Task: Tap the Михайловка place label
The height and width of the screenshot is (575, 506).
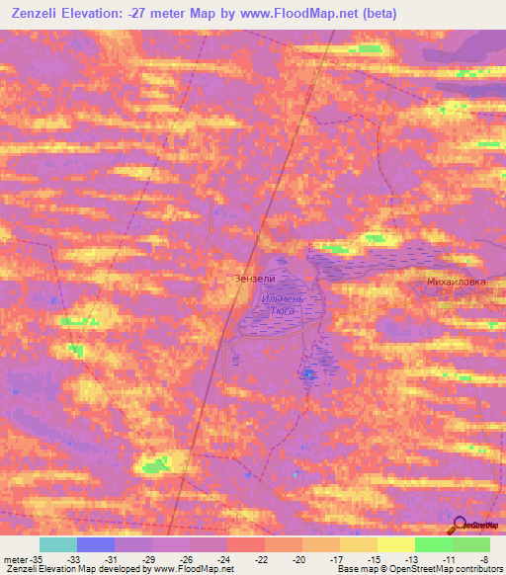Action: (456, 282)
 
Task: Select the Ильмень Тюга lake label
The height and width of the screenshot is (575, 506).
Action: (285, 302)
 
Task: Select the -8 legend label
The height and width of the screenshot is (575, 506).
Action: (483, 558)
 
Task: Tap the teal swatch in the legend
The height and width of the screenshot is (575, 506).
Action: (58, 544)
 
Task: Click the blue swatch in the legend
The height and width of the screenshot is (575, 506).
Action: (96, 544)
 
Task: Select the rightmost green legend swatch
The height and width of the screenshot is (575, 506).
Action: (471, 544)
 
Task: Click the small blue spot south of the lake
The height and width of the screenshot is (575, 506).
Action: (310, 374)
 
